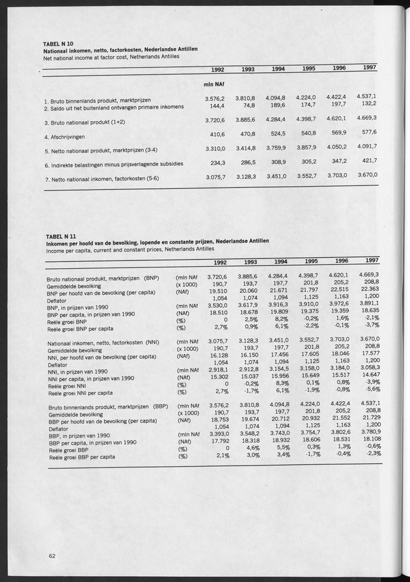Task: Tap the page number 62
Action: coord(51,555)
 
